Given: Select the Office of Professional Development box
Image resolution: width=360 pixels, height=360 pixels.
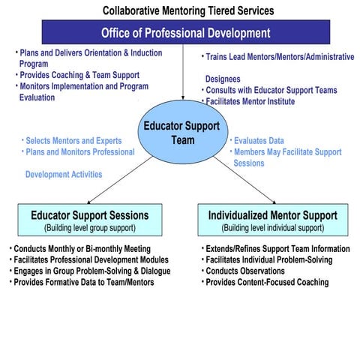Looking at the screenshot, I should (x=185, y=33).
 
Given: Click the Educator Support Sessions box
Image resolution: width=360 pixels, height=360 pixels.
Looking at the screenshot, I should (x=89, y=220).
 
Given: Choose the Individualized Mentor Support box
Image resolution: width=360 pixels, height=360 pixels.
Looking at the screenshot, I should (x=271, y=220).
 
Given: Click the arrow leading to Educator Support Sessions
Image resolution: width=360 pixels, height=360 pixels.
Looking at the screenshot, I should (x=116, y=183).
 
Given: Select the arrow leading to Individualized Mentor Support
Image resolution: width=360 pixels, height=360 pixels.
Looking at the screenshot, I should (x=244, y=183).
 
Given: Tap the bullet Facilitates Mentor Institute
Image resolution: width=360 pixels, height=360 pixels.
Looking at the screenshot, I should (x=251, y=101).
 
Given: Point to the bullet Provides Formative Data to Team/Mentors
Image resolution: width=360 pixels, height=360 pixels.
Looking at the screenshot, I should (x=83, y=282).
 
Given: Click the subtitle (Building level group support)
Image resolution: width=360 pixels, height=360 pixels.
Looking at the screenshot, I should (x=89, y=227).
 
